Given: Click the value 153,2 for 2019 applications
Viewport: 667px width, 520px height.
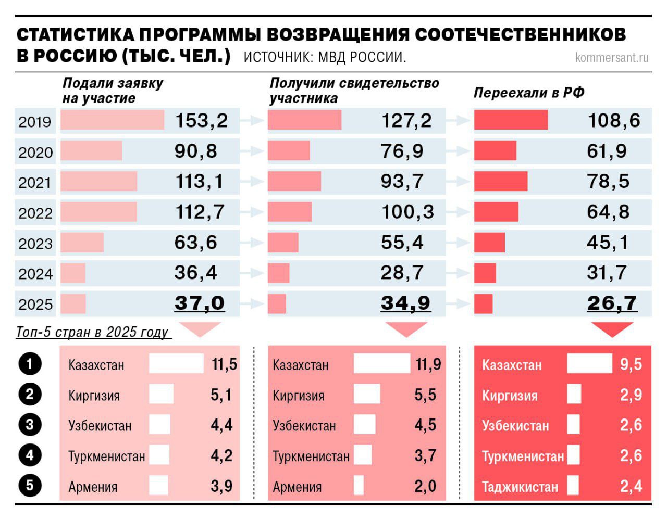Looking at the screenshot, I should (201, 121).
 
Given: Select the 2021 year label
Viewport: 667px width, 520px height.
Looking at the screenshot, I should (35, 183).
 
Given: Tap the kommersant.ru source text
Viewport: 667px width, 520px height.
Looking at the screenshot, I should (612, 57).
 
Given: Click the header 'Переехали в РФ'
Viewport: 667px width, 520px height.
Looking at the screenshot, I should (529, 93).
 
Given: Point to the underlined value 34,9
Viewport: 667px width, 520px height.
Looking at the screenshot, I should (405, 303).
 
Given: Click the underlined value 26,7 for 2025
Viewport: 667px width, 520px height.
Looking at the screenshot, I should (612, 303).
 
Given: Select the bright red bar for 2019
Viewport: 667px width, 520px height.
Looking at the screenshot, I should (511, 120).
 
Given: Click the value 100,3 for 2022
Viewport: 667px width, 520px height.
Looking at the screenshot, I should (407, 212).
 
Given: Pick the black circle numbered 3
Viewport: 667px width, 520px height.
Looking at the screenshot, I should (29, 425).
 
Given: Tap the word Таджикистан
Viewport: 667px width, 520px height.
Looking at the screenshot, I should (520, 487).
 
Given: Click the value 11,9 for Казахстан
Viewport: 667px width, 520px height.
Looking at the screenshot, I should (428, 364).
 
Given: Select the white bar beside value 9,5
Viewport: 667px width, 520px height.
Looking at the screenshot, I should (589, 364).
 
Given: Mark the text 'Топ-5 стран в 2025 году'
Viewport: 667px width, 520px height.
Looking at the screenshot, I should (92, 332).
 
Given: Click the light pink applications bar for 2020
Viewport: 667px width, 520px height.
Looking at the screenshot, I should (91, 151).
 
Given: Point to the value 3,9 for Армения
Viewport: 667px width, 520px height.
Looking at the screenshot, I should (221, 486).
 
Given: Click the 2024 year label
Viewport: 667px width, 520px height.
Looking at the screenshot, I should (35, 274).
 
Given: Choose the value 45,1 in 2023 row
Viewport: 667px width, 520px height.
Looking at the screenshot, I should (608, 243).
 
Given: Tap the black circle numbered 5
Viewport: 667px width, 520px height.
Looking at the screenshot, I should (29, 486).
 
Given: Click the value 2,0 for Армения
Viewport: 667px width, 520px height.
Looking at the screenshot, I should (425, 486).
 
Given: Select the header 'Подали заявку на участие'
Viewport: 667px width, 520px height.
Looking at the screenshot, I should (113, 91).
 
